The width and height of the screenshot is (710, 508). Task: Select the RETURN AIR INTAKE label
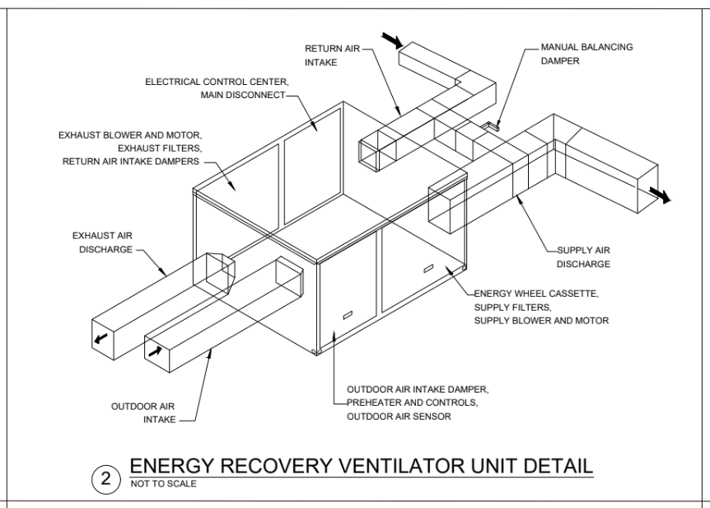coord(329,54)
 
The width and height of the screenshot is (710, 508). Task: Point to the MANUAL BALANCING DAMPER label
coord(586,54)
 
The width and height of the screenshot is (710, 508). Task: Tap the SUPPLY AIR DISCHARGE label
coord(583,256)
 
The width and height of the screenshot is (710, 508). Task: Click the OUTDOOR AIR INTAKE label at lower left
coord(143,413)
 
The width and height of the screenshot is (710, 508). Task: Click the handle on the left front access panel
coord(347,314)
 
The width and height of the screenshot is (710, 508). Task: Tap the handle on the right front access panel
coord(427,268)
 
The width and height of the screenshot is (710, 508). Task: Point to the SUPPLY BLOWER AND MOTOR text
coord(541,320)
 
